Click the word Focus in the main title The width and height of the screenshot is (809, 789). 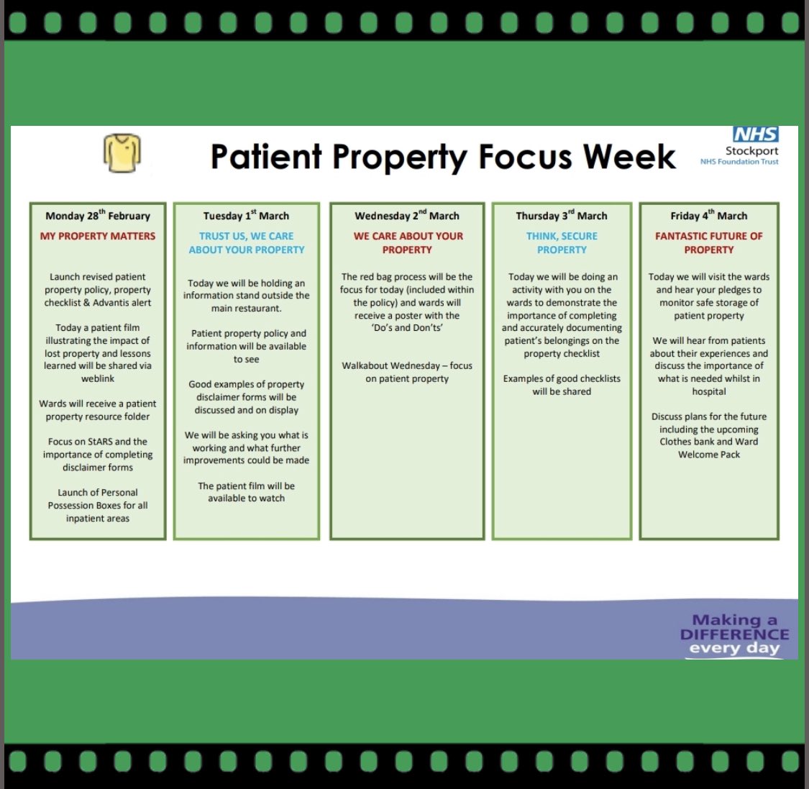click(x=527, y=157)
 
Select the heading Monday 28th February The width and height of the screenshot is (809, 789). click(x=98, y=216)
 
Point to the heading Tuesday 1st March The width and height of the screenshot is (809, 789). click(x=246, y=216)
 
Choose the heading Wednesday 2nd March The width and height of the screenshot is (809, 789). click(x=407, y=216)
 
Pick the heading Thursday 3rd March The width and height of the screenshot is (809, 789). click(x=562, y=216)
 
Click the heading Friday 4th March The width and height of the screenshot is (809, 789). click(x=709, y=216)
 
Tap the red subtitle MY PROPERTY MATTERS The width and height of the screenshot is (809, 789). click(x=98, y=236)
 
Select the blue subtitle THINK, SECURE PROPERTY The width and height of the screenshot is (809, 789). click(x=562, y=243)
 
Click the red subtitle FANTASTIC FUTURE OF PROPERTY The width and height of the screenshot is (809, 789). click(x=709, y=243)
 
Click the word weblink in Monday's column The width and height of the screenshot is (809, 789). click(x=98, y=378)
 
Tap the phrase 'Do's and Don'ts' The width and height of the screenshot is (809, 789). click(x=407, y=328)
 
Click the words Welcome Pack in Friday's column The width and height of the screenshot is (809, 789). click(x=709, y=455)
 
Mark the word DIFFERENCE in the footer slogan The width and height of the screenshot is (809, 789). click(x=734, y=634)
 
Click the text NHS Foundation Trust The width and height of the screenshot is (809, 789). click(x=739, y=162)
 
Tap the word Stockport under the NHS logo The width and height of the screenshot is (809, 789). click(x=751, y=151)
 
